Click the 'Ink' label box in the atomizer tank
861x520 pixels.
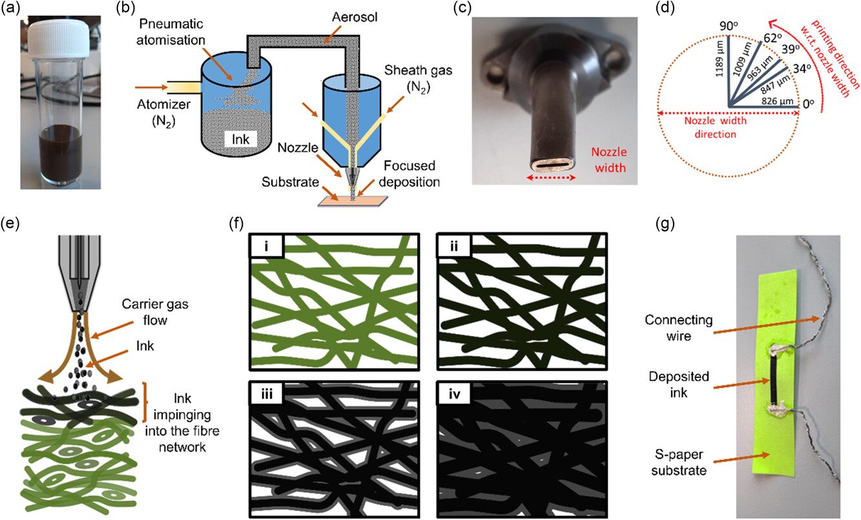click(240, 139)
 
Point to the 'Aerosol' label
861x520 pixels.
click(355, 17)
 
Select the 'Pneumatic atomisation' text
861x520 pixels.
click(171, 32)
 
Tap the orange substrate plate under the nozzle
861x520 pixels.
click(353, 201)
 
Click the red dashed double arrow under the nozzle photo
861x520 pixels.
click(551, 177)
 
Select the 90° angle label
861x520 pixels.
click(729, 26)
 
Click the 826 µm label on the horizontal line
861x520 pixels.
click(777, 102)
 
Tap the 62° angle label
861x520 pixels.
click(773, 38)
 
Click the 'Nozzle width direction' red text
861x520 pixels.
click(715, 127)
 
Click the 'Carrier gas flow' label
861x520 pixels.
click(155, 312)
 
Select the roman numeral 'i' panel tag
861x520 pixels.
click(266, 246)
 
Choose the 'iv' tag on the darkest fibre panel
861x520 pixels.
click(454, 393)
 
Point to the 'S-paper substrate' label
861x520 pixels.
click(679, 462)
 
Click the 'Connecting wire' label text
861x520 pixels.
click(679, 328)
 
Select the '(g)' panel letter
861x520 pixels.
click(665, 224)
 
